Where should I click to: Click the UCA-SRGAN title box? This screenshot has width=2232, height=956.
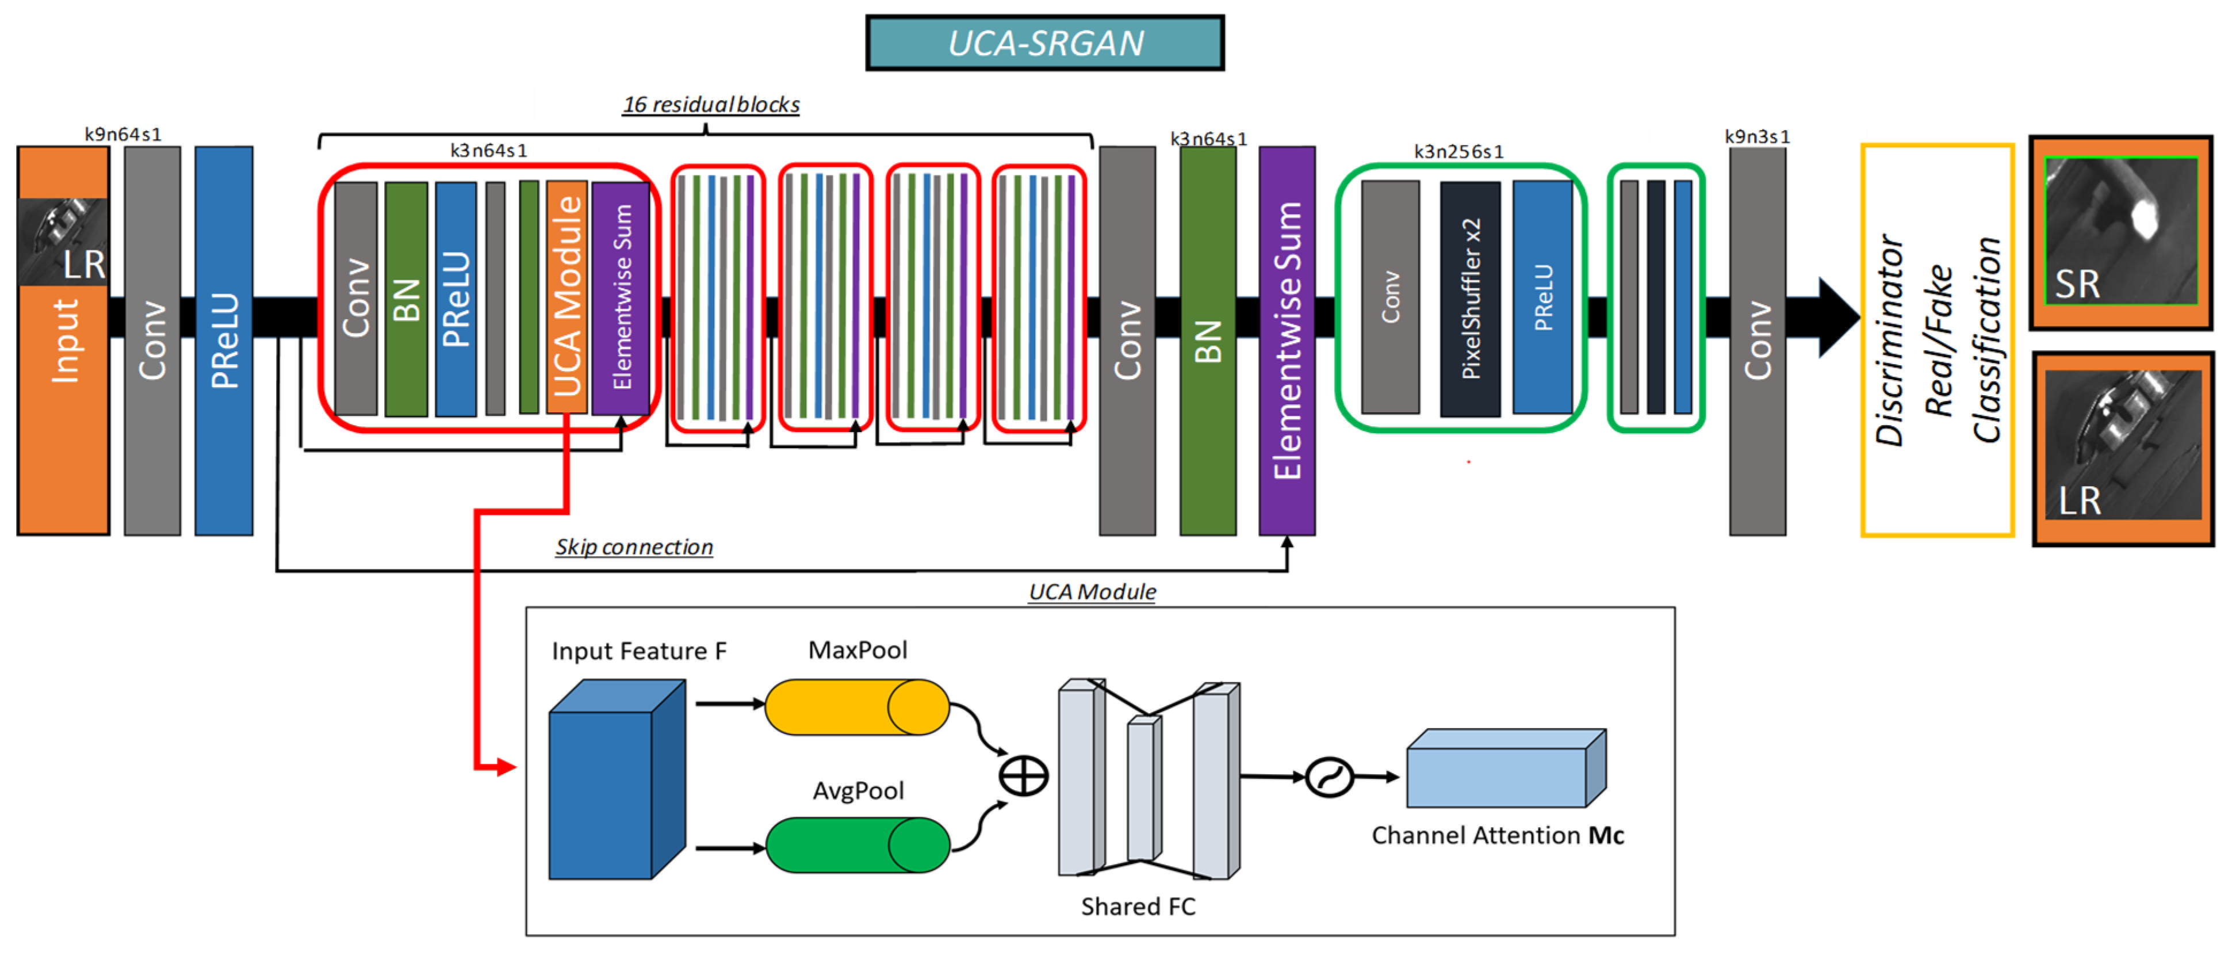tap(1045, 43)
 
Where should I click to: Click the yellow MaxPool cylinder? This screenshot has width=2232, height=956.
tap(857, 706)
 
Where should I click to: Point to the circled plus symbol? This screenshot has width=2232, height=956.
tap(1023, 776)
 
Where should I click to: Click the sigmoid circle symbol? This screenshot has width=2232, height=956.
tap(1329, 777)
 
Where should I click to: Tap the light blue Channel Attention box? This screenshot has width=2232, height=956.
tap(1505, 769)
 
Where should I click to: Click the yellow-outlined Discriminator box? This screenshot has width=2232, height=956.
tap(1938, 340)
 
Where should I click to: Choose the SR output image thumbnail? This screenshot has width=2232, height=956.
tap(2121, 231)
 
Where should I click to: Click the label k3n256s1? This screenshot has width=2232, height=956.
tap(1458, 152)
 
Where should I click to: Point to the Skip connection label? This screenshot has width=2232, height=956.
tap(634, 547)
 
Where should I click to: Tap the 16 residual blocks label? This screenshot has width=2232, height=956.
tap(710, 105)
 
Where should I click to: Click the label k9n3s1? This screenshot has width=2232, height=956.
tap(1756, 137)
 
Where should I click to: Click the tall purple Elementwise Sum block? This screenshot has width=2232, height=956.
tap(1287, 340)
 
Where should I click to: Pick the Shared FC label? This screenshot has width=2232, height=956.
tap(1138, 907)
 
